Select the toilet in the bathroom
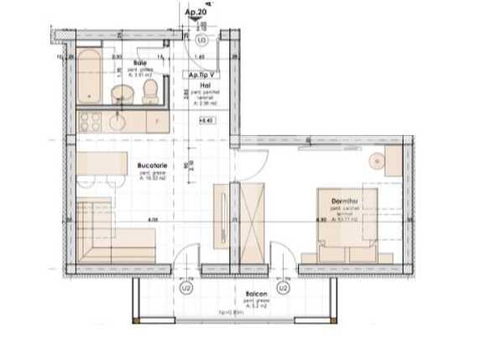pyautogui.click(x=150, y=90)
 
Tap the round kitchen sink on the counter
pyautogui.click(x=115, y=122)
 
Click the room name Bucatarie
pyautogui.click(x=151, y=165)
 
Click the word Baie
pyautogui.click(x=143, y=62)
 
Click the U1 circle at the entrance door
pyautogui.click(x=201, y=39)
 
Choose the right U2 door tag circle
pyautogui.click(x=284, y=287)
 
